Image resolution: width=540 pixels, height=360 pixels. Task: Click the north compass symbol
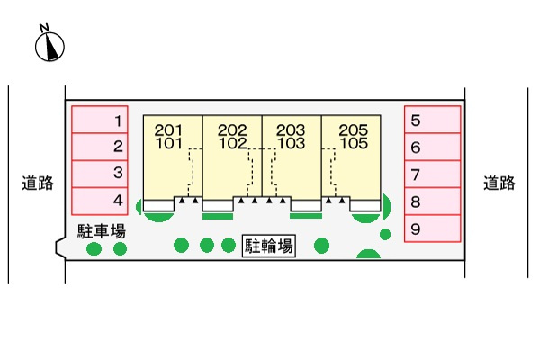[x=49, y=47]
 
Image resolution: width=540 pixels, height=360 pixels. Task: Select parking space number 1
[x=100, y=119]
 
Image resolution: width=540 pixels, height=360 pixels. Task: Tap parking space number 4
[x=100, y=202]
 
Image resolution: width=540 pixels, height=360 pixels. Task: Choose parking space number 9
[x=433, y=229]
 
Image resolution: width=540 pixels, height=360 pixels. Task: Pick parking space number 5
[x=433, y=119]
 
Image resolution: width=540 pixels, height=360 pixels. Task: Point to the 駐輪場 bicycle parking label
[x=268, y=246]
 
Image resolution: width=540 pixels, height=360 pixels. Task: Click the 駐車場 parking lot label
[x=101, y=231]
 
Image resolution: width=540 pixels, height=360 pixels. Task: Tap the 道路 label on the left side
[x=38, y=183]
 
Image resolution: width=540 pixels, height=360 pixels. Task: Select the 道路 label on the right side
[x=499, y=183]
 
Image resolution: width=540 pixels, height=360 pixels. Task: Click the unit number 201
[x=168, y=130]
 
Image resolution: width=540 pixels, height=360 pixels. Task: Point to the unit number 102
[x=233, y=143]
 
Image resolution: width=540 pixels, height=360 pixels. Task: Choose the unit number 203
[x=291, y=130]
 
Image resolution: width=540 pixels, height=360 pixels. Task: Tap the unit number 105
[x=354, y=143]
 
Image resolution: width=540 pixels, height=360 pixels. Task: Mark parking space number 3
[x=100, y=174]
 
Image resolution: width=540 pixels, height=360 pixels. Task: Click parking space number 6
[x=433, y=147]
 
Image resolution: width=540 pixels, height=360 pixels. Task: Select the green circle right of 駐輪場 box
[x=321, y=246]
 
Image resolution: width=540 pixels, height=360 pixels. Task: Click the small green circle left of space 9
[x=385, y=235]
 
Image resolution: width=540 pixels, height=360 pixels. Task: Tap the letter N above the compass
[x=44, y=28]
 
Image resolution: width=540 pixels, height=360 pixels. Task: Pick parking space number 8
[x=433, y=202]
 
